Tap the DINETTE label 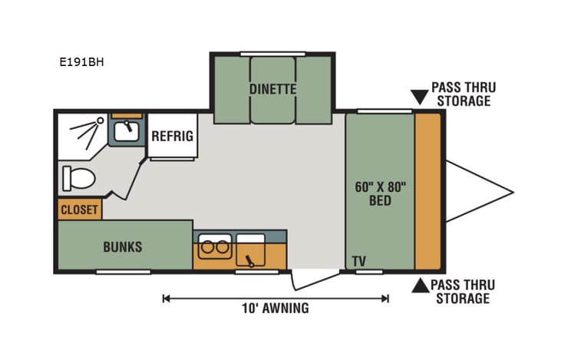[x=272, y=89]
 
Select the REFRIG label [x=172, y=137]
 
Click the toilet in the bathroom [x=78, y=179]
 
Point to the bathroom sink [x=126, y=131]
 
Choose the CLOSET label [x=80, y=210]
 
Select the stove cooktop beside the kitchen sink [x=251, y=249]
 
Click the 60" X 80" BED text [x=380, y=193]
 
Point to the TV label [x=358, y=262]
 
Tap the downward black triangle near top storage [x=418, y=97]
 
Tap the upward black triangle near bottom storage [x=418, y=286]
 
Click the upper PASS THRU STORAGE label [x=460, y=94]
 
